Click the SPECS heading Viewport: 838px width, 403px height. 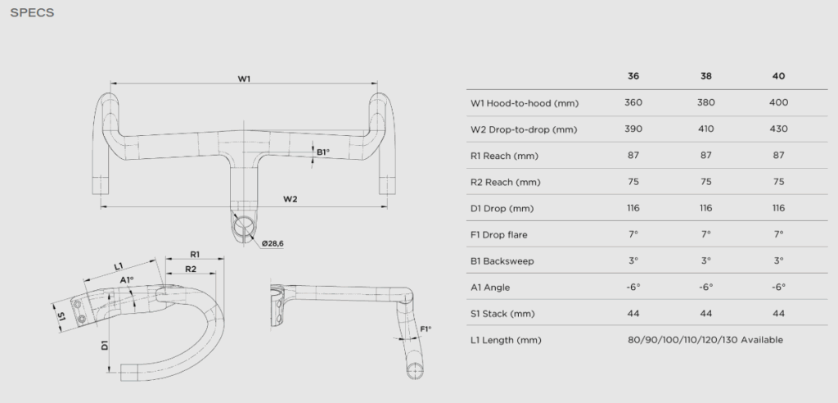click(x=32, y=13)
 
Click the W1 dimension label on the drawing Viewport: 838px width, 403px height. click(x=244, y=78)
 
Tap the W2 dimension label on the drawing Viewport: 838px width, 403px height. click(x=290, y=199)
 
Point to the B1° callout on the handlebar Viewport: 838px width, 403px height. click(x=322, y=152)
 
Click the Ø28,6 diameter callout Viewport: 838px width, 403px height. click(x=273, y=242)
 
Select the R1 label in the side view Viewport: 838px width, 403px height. click(x=195, y=255)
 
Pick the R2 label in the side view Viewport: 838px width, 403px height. click(x=190, y=269)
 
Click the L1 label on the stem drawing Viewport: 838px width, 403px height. click(x=119, y=266)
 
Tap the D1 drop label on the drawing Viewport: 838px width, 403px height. click(x=106, y=346)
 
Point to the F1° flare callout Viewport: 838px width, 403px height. click(x=426, y=329)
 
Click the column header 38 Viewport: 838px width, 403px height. click(x=706, y=76)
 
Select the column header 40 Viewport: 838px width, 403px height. click(x=778, y=76)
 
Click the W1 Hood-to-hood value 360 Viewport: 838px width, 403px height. click(x=633, y=103)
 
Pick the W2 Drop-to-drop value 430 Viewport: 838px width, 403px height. click(x=778, y=129)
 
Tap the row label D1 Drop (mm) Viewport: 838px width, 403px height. click(x=504, y=208)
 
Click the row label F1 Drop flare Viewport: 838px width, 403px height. click(x=499, y=234)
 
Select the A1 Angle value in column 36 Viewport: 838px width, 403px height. click(x=633, y=287)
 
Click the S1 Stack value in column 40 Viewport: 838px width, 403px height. click(x=778, y=313)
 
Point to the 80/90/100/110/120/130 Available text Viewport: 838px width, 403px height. click(x=704, y=339)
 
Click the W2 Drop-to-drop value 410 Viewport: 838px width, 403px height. click(x=706, y=129)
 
